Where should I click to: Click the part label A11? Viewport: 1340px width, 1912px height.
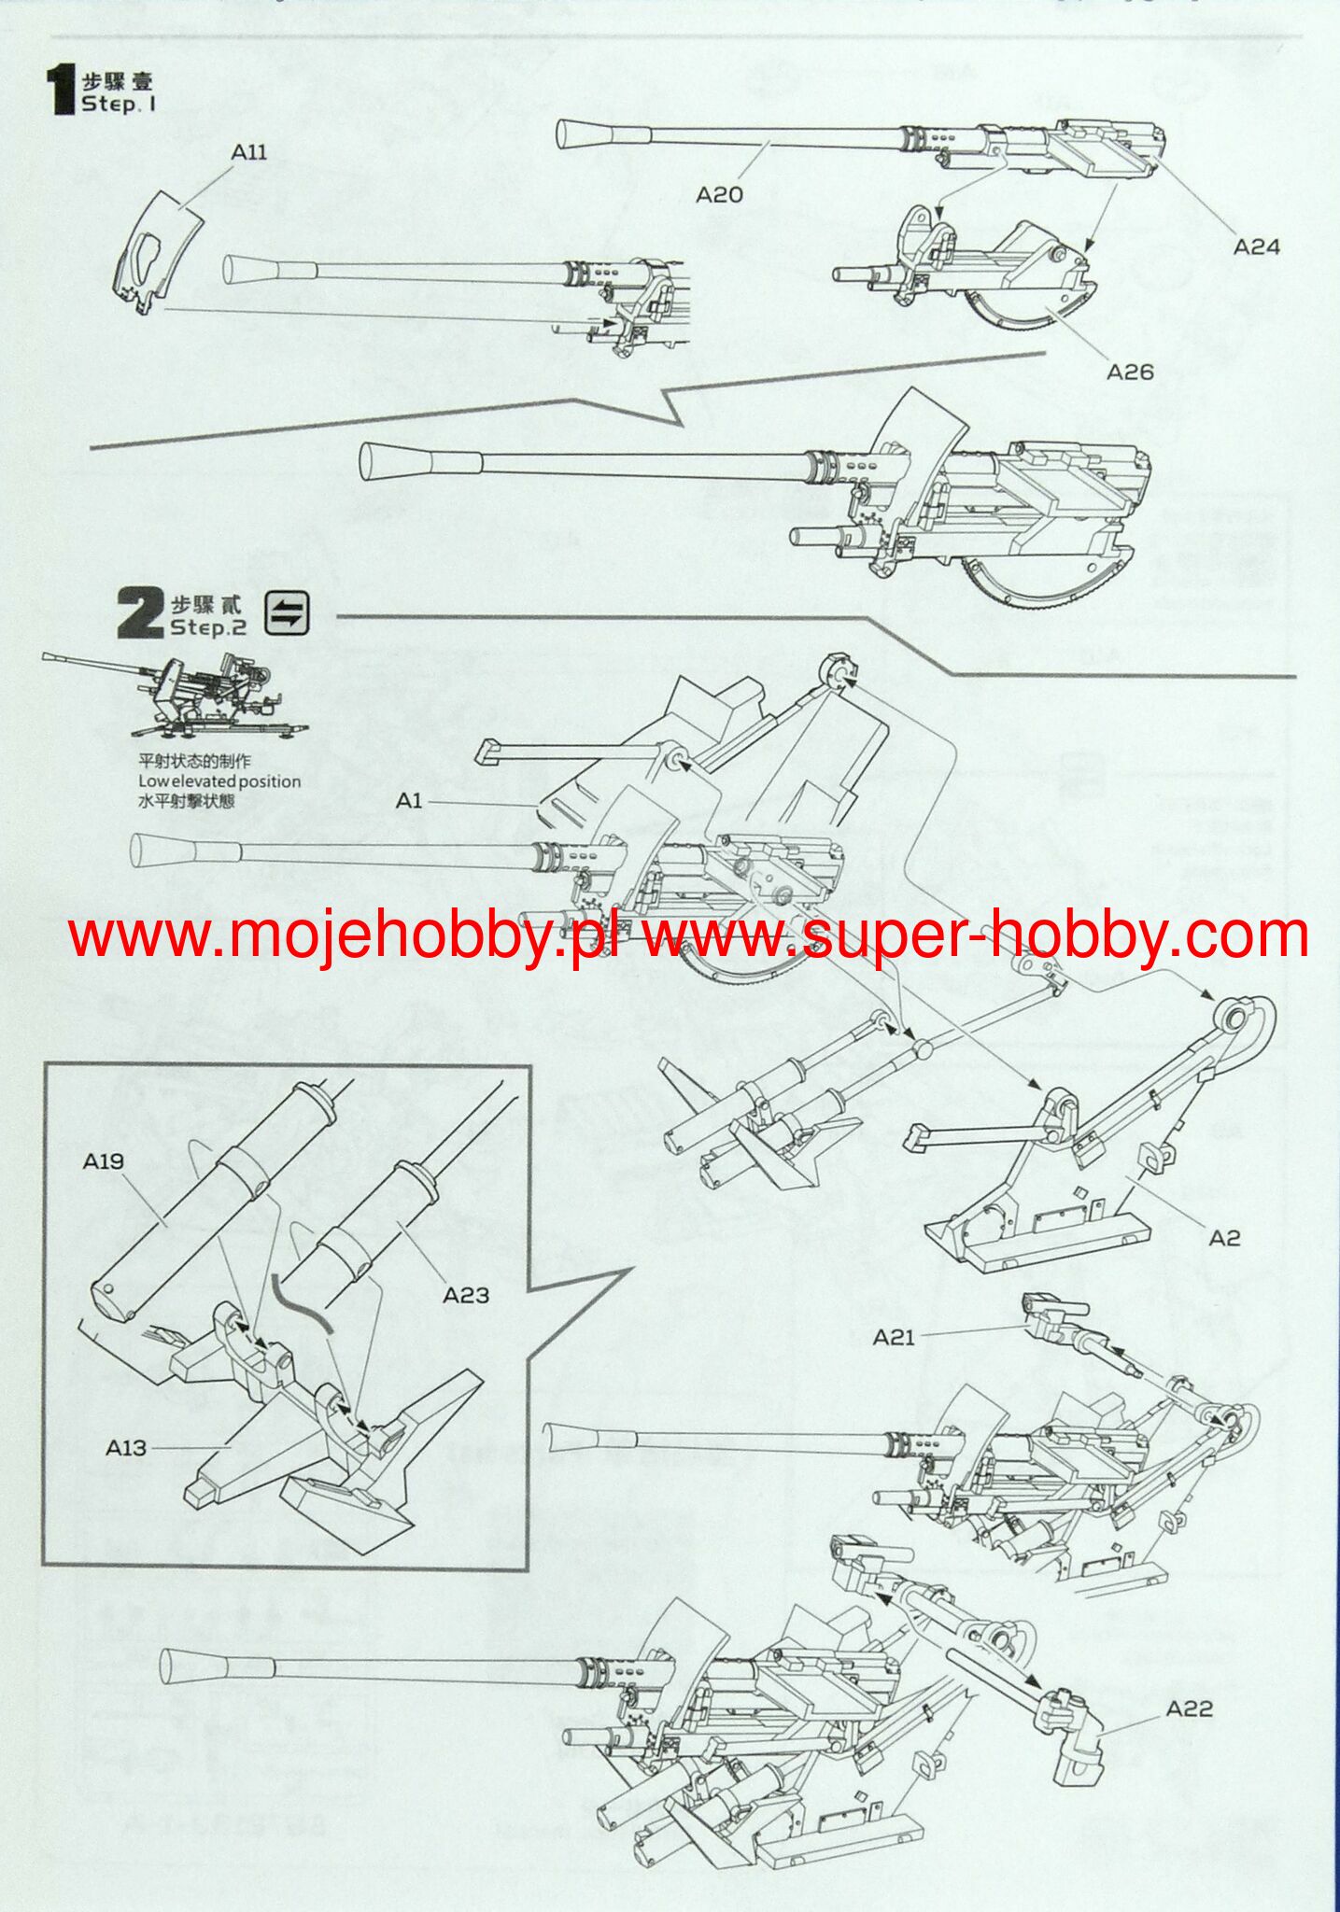coord(249,152)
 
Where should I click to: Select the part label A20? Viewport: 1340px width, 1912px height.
coord(719,194)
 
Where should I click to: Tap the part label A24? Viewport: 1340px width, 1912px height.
coord(1256,246)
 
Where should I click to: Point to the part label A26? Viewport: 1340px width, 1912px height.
coord(1130,372)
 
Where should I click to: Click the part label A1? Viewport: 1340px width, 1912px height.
coord(409,800)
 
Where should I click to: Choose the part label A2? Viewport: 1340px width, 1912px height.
coord(1224,1238)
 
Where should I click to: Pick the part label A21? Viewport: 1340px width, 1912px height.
coord(894,1338)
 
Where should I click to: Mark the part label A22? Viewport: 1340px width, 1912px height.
coord(1190,1708)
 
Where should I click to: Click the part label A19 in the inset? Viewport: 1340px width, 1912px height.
coord(103,1160)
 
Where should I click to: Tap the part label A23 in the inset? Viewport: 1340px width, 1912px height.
coord(465,1295)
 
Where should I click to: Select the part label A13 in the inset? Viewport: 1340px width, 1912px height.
coord(125,1447)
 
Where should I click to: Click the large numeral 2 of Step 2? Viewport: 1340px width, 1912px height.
coord(140,614)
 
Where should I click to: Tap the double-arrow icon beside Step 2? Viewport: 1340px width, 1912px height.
coord(287,613)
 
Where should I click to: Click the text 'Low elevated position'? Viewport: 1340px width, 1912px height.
coord(219,781)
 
